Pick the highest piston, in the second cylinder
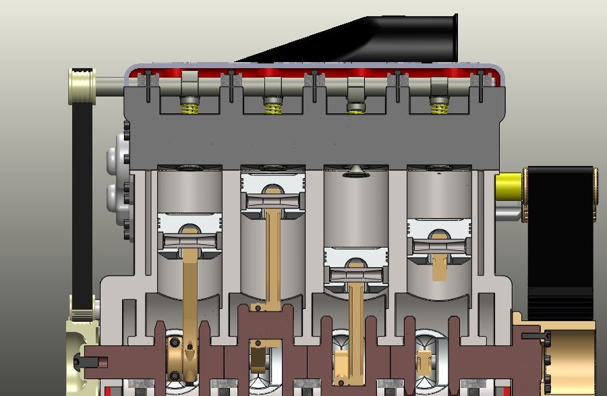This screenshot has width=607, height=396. click(x=272, y=192)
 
